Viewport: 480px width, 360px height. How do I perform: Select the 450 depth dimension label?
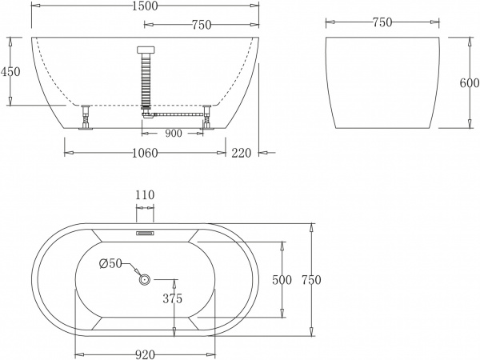[10, 71]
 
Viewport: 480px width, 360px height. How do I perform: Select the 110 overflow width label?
[145, 194]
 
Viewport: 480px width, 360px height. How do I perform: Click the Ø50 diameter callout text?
[110, 263]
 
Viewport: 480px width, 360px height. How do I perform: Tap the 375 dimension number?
[172, 298]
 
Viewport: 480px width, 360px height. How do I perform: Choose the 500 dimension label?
[282, 279]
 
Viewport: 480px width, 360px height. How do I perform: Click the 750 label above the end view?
[382, 22]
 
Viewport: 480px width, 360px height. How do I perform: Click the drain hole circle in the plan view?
[145, 279]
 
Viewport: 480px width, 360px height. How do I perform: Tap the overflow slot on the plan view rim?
[145, 234]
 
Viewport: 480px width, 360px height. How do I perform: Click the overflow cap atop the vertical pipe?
[145, 48]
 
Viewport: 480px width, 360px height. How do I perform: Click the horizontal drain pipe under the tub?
[176, 114]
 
